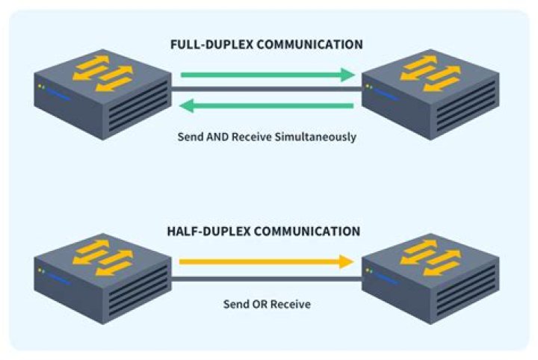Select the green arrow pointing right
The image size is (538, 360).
tap(267, 75)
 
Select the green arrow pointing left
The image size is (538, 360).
tap(267, 105)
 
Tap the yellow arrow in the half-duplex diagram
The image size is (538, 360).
tap(265, 261)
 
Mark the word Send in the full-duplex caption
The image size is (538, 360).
tap(190, 137)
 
